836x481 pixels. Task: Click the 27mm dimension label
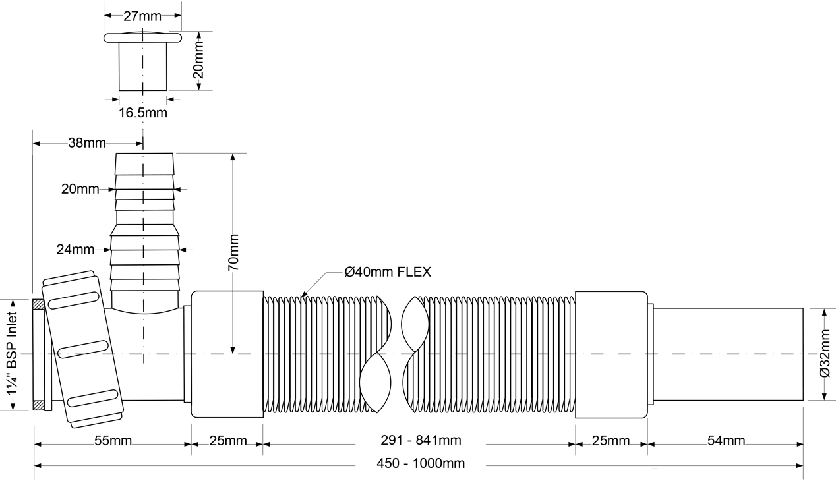(142, 16)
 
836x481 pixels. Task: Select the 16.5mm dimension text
(143, 113)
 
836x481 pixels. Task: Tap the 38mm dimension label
(87, 143)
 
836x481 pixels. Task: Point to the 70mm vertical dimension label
(233, 252)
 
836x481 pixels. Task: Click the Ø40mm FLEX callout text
(388, 272)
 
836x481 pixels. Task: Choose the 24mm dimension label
(75, 250)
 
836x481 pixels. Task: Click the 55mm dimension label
(113, 441)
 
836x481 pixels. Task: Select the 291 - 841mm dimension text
(421, 440)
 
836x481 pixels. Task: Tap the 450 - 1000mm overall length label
(421, 463)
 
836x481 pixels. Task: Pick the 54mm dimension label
(727, 441)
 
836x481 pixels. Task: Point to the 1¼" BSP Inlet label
(12, 354)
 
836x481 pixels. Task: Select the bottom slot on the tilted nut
(93, 398)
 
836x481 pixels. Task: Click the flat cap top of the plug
(142, 38)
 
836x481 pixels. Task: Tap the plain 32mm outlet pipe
(728, 354)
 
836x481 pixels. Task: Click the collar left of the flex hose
(227, 354)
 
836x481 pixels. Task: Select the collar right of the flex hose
(611, 354)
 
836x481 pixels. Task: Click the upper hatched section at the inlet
(38, 304)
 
